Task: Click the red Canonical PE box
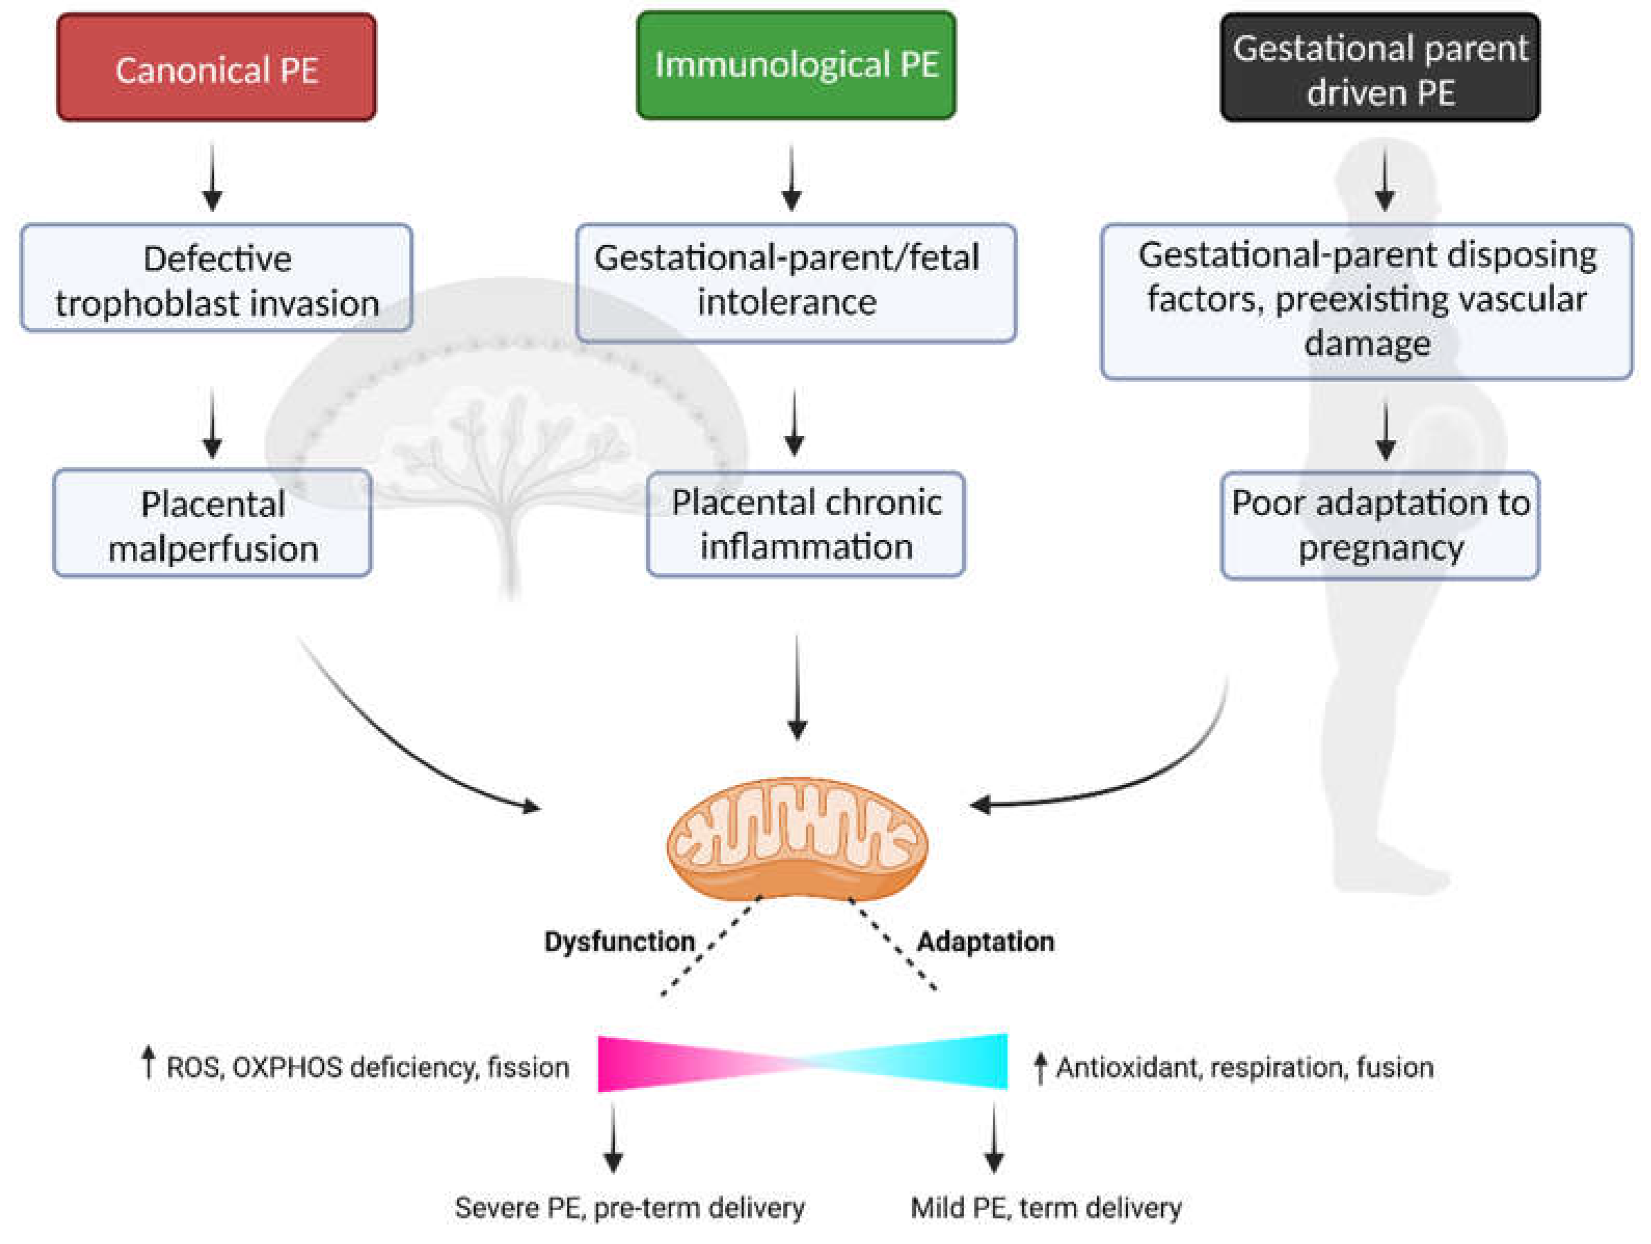click(x=216, y=67)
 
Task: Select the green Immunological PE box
click(x=795, y=65)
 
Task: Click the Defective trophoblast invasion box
click(x=216, y=278)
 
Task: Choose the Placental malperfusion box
click(x=213, y=524)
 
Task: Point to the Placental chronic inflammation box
click(x=806, y=524)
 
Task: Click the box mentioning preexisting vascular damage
click(x=1366, y=301)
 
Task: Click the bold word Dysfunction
click(x=619, y=942)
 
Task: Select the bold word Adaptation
click(x=985, y=942)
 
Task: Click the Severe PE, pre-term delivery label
click(x=629, y=1208)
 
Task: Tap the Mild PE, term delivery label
click(x=1046, y=1208)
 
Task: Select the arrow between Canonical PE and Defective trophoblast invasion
click(x=213, y=177)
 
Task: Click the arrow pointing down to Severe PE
click(x=614, y=1138)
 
